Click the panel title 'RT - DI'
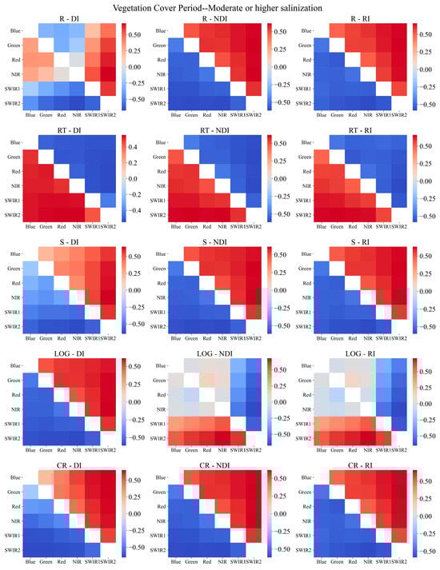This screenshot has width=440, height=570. (x=71, y=129)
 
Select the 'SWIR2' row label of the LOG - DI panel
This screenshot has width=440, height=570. (x=12, y=438)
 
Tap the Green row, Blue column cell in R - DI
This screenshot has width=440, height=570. (x=30, y=46)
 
